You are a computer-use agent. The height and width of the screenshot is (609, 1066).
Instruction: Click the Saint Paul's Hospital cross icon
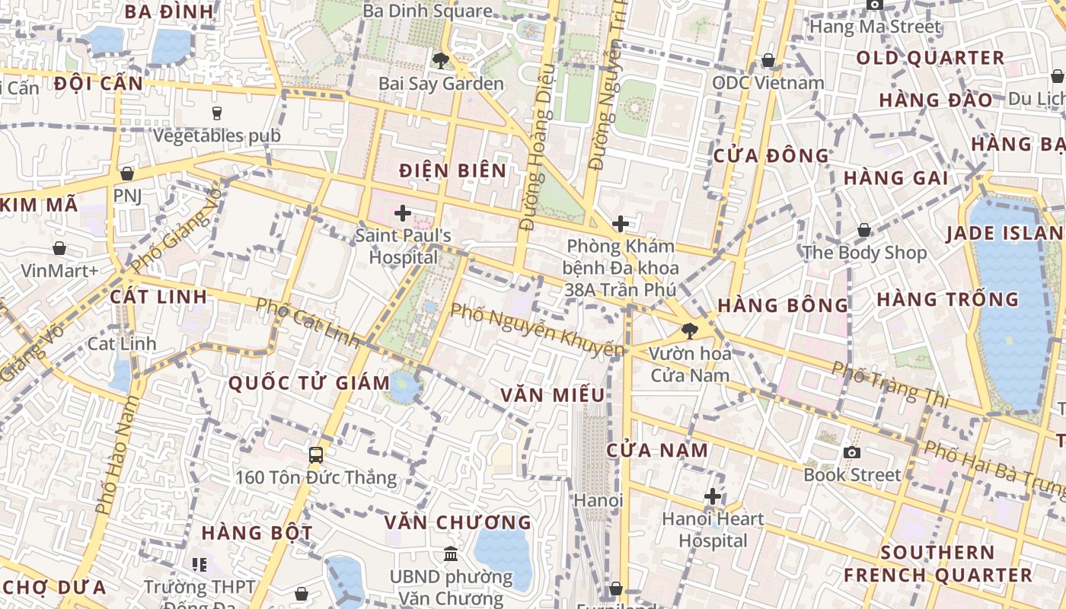tap(403, 213)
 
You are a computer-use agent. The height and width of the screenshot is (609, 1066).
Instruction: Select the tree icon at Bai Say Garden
tap(440, 60)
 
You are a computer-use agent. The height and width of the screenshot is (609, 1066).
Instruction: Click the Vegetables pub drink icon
tap(217, 113)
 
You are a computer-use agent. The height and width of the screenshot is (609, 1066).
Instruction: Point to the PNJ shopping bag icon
tap(127, 174)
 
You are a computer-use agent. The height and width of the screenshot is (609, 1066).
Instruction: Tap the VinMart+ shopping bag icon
tap(59, 248)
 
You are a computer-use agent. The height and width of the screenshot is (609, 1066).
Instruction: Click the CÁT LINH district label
tap(158, 296)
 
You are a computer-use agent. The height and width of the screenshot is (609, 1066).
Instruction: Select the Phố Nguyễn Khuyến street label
tap(536, 330)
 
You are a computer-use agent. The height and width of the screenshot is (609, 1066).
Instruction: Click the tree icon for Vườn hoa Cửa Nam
tap(690, 330)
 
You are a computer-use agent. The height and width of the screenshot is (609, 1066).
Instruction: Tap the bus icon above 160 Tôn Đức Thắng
tap(316, 455)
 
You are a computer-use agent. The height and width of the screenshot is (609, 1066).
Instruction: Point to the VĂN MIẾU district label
tap(553, 394)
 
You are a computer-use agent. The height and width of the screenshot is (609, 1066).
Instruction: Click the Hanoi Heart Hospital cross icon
tap(713, 496)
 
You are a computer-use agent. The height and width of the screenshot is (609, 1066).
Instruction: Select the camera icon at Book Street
tap(852, 452)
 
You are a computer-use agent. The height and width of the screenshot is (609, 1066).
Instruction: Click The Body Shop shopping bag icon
tap(864, 230)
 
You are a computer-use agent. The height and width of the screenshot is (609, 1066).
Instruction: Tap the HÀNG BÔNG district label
tap(783, 305)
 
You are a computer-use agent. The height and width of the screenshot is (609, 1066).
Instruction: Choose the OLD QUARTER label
tap(930, 58)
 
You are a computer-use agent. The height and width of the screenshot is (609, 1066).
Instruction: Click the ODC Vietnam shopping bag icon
tap(768, 60)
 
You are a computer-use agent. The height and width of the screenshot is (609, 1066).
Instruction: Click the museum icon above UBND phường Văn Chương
tap(451, 553)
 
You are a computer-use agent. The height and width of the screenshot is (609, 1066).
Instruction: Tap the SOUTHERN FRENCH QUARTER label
tap(937, 563)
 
